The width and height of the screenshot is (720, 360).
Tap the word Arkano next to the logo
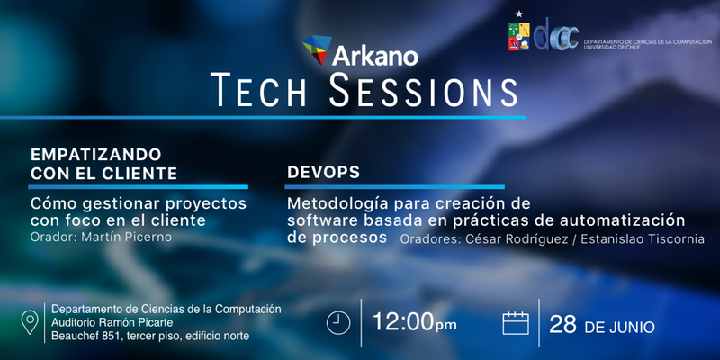375,56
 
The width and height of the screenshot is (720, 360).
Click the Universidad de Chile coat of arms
519,36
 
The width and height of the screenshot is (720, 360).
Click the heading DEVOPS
323,172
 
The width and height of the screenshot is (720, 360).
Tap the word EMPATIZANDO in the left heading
96,154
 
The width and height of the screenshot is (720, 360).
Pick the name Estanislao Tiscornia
643,238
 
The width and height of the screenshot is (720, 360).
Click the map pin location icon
30,322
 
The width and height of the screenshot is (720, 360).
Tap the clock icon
338,323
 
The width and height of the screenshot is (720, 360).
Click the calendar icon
516,323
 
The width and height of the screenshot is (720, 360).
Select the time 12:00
402,322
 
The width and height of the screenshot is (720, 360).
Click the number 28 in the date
563,325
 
